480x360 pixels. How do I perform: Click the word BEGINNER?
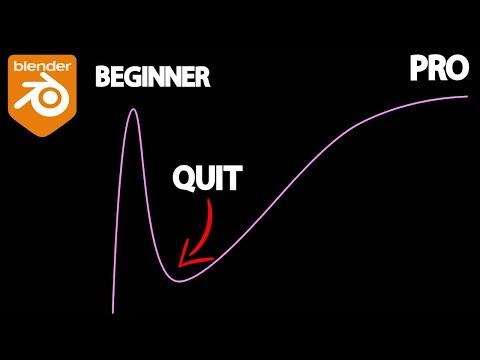153,75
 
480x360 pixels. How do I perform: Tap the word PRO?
439,69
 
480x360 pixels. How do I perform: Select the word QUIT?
207,179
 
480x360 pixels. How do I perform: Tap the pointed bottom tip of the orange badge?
41,134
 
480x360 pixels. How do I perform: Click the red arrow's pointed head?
182,263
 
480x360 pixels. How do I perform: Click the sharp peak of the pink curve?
131,109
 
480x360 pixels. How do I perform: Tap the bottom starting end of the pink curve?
113,312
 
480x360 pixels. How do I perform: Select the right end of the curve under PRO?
467,96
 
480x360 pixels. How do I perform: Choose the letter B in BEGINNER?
102,75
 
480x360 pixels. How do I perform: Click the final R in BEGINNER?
203,75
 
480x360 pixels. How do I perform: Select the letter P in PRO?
418,69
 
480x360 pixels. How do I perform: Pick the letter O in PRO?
458,69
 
